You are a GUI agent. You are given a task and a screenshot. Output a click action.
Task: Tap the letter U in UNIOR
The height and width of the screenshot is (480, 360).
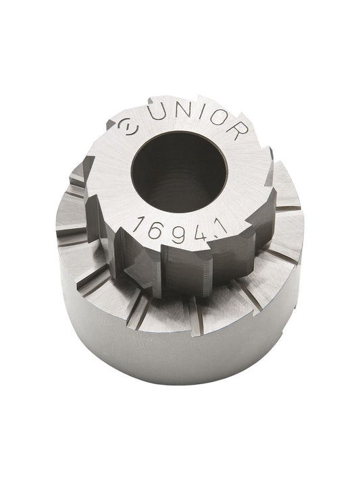[159, 114]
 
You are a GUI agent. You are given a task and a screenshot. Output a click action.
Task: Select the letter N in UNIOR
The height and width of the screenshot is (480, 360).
[182, 112]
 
